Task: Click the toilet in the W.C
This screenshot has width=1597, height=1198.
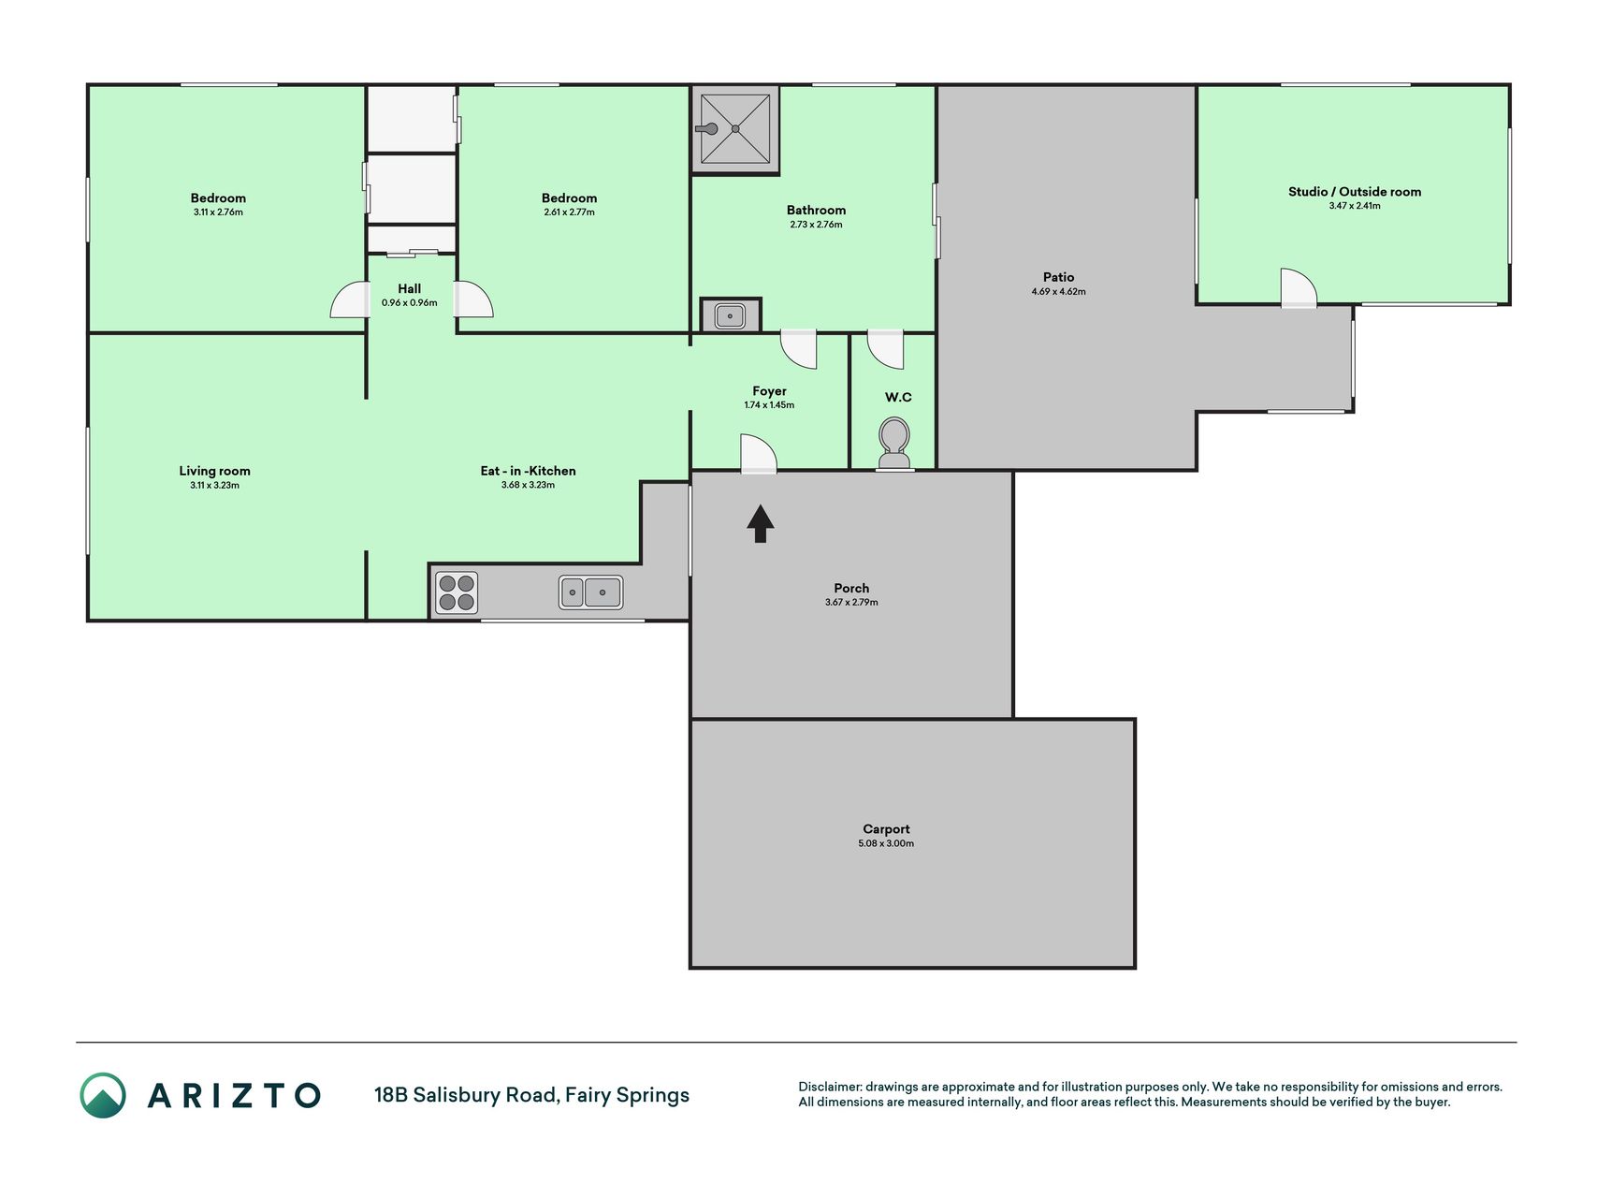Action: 895,443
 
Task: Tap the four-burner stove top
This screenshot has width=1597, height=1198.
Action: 457,592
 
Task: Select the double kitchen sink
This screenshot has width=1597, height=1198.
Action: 590,592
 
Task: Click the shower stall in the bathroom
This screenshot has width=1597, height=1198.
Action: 735,129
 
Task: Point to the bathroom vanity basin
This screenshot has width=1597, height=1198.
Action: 730,315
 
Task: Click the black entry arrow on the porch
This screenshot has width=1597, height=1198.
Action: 761,523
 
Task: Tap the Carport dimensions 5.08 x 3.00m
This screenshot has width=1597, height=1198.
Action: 886,843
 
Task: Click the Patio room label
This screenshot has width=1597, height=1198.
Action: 1059,277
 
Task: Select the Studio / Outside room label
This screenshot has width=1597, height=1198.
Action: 1355,192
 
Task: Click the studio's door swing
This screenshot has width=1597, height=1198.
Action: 1299,287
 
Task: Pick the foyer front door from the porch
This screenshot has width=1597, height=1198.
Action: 759,453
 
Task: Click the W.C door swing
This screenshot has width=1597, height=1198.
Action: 885,348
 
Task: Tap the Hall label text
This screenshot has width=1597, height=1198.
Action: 409,288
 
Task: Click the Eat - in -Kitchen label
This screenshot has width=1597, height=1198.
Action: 529,471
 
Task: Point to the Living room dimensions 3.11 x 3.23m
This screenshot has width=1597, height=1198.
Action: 214,485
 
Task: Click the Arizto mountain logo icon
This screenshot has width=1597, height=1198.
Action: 103,1095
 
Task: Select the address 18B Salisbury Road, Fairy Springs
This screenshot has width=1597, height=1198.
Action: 531,1095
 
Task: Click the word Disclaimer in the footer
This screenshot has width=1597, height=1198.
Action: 829,1087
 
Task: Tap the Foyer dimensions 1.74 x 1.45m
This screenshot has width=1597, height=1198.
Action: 769,405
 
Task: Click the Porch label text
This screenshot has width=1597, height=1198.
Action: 851,588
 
